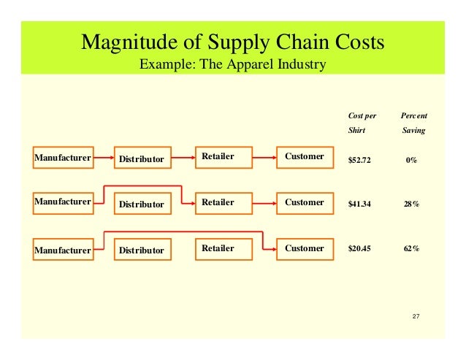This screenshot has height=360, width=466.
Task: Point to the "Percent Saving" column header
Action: (414, 123)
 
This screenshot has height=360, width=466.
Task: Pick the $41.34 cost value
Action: (359, 204)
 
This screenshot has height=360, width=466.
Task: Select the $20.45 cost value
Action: (359, 248)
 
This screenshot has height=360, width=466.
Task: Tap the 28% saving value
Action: (411, 204)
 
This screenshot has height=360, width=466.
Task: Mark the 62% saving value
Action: (411, 248)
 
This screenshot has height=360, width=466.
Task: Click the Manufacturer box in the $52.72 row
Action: (63, 157)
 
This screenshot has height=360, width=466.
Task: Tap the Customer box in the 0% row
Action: (304, 156)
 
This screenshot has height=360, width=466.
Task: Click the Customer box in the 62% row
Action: (304, 248)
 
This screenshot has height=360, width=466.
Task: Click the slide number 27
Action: (416, 315)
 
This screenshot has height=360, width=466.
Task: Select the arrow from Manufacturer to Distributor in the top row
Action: (104, 158)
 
